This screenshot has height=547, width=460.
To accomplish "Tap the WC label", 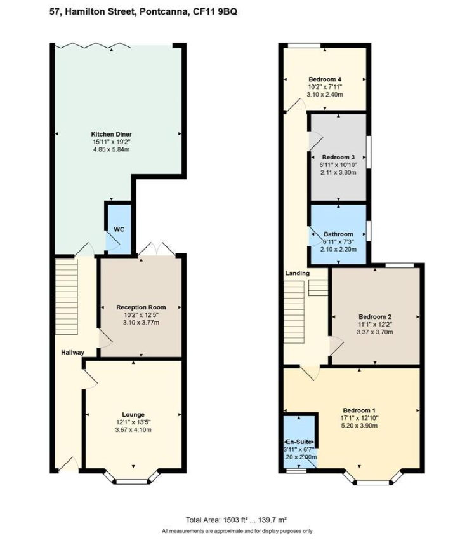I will [119, 229].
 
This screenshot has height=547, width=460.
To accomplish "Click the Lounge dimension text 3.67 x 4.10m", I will [133, 429].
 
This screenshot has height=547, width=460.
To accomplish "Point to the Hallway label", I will [72, 353].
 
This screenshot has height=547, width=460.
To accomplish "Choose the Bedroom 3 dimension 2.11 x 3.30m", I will [338, 172].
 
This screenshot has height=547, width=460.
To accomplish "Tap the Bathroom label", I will [338, 234].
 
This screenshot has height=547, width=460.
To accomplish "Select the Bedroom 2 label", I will [374, 317].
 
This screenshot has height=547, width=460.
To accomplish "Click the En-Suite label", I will [299, 441].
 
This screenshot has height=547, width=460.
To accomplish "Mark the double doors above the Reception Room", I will [155, 249].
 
